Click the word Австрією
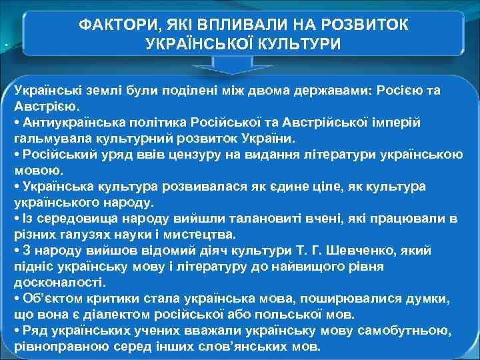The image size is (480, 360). pos(46,106)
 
